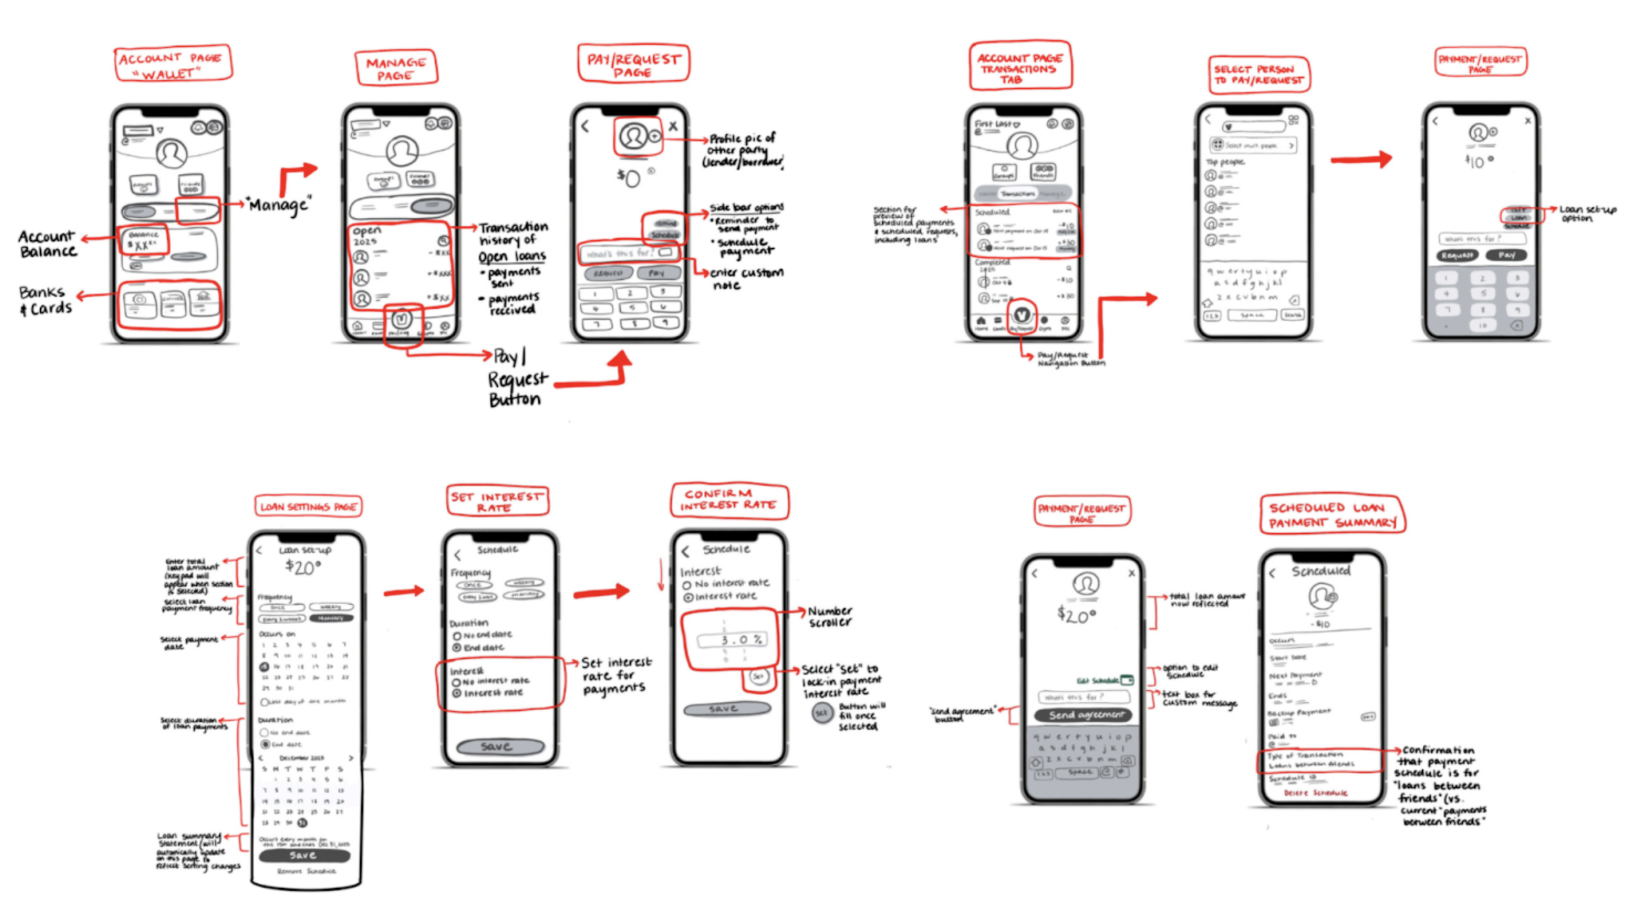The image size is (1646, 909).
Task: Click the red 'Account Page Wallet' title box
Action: click(173, 64)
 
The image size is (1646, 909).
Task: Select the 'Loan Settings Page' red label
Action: click(308, 506)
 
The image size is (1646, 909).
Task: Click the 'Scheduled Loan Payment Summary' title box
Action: click(1332, 514)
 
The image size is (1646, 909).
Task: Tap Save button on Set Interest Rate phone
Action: click(500, 746)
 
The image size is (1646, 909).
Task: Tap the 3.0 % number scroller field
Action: click(731, 640)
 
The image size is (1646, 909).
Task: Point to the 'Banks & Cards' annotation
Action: click(45, 300)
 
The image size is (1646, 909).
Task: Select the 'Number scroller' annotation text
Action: click(830, 616)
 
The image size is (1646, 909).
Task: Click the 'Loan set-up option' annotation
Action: click(1587, 213)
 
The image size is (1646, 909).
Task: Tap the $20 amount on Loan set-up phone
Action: click(304, 567)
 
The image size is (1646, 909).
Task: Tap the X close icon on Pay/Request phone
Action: click(673, 126)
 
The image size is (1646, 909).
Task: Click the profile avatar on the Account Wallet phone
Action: click(171, 153)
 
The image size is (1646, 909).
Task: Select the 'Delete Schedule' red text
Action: click(1315, 793)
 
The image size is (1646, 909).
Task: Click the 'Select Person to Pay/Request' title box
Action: click(1258, 74)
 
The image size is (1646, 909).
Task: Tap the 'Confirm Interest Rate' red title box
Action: click(729, 500)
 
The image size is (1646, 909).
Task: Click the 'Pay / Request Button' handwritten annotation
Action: click(517, 378)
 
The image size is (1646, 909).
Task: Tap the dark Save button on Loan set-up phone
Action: click(304, 855)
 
